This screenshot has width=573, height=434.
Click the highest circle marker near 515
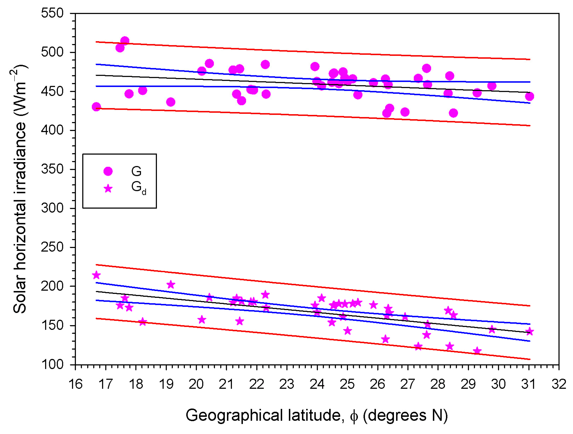[x=125, y=41]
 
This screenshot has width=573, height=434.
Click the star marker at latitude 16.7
[x=96, y=275]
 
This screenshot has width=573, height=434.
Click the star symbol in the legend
[x=108, y=189]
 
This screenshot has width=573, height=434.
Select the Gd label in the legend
[x=138, y=188]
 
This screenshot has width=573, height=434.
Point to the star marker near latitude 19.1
[x=171, y=285]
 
